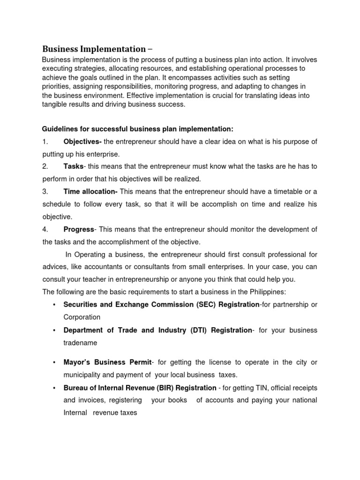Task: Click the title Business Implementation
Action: [94, 49]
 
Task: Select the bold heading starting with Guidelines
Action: [137, 129]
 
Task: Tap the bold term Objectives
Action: [82, 142]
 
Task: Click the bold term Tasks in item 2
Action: [74, 166]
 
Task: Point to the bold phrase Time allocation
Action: [90, 191]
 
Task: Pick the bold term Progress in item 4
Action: [79, 229]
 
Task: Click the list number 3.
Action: [45, 191]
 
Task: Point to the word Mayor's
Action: [78, 362]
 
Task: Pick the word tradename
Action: [80, 343]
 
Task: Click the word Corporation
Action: [82, 317]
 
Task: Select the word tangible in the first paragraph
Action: [56, 105]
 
